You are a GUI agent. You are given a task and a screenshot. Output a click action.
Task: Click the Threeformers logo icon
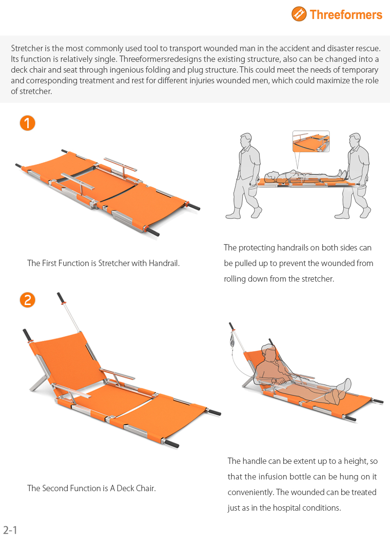coord(299,14)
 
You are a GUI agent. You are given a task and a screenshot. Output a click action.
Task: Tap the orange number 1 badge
coord(27,123)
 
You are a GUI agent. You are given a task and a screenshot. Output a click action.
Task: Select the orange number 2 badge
coord(27,300)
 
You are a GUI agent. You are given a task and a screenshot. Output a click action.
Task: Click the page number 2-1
coord(10,530)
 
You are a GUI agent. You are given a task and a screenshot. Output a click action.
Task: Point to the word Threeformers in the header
coord(346,15)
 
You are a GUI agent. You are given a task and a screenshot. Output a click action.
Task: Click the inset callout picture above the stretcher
coord(311,141)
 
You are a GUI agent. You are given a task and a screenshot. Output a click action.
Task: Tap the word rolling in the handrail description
coord(234,279)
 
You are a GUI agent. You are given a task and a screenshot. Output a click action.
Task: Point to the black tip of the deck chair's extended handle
coord(61,297)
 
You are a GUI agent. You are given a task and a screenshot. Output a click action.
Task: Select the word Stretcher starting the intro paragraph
coord(27,48)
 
